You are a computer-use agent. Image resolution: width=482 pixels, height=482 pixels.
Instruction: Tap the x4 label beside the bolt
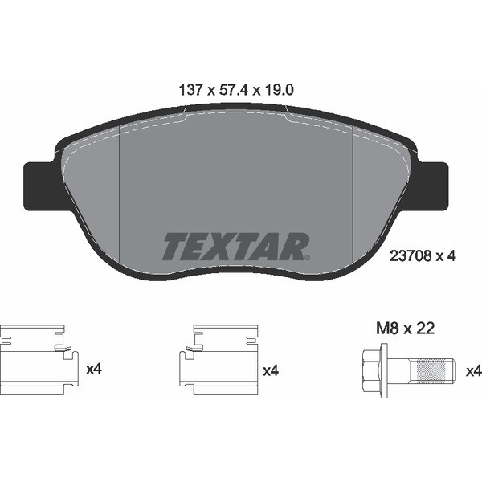[x=473, y=371]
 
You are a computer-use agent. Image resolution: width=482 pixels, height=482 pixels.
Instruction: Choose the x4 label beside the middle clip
[x=271, y=371]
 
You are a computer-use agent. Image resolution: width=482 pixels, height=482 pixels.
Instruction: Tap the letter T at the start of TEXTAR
[x=174, y=247]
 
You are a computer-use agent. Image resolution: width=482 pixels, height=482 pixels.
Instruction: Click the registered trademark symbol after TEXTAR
[x=307, y=256]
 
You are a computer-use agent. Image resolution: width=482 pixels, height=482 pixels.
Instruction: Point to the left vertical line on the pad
[x=119, y=201]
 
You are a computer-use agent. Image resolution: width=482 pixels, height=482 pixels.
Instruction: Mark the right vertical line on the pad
[x=354, y=201]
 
